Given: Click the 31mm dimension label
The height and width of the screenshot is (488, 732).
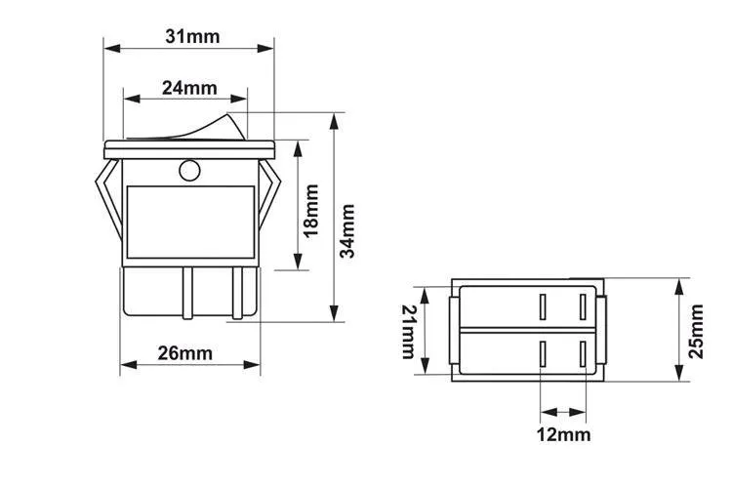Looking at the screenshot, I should [x=192, y=36].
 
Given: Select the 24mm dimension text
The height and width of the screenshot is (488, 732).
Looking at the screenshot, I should [x=188, y=87].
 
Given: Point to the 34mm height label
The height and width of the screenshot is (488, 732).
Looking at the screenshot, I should [x=347, y=230].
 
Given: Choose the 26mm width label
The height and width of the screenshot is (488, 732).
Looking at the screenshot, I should [x=184, y=353].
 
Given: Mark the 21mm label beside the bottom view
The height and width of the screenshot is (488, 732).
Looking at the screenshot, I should [x=409, y=331].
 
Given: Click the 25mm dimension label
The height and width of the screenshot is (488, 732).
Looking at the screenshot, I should [x=696, y=331].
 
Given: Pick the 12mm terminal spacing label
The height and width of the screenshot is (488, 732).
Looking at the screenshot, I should [x=563, y=434].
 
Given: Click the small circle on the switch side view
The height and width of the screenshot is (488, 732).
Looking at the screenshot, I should [x=189, y=173].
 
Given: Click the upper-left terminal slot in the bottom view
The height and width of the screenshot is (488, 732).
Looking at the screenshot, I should [x=541, y=307].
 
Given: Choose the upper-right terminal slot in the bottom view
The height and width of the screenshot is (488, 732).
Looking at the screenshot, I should [x=584, y=307].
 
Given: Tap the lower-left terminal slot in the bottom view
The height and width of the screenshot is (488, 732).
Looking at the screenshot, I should [x=541, y=353].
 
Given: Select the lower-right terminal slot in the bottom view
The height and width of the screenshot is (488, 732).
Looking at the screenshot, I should [x=584, y=353].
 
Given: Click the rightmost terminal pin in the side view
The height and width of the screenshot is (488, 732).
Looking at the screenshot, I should [x=236, y=293].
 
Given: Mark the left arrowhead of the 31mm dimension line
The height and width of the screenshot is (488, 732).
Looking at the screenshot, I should [x=110, y=48].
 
